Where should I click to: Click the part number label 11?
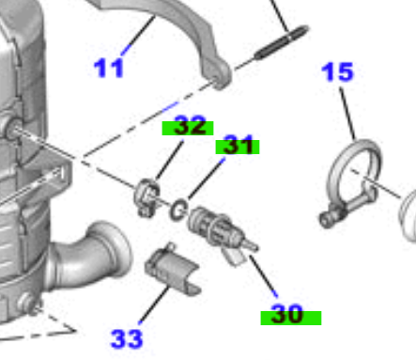pos(109,68)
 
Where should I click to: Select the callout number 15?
pos(337,71)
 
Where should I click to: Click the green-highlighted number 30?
pos(287,313)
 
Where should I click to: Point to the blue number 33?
pos(127,339)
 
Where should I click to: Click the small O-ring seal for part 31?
pos(178,210)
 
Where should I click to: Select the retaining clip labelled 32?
pos(147,197)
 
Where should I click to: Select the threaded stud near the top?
pos(282,42)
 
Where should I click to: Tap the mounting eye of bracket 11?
pos(220,77)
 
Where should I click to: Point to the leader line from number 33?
pos(154,305)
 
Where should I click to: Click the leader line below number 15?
pos(347,114)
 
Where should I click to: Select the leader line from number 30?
pos(263,276)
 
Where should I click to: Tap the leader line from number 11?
pos(138,36)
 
